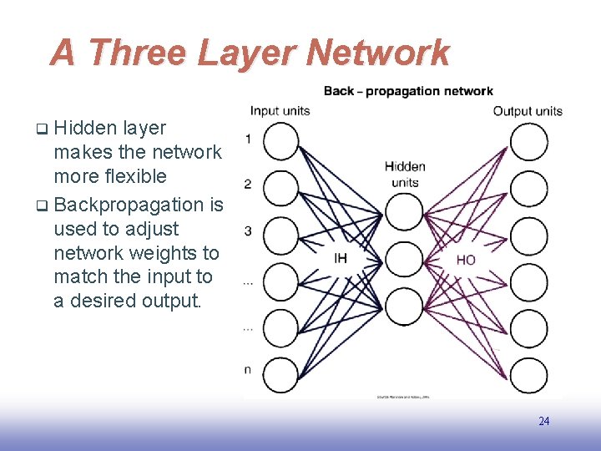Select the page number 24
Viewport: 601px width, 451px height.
tap(543, 421)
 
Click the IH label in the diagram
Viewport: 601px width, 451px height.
tap(341, 259)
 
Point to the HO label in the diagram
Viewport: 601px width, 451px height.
tap(466, 260)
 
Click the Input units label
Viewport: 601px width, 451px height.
tap(280, 111)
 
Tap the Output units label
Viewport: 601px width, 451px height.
tap(528, 111)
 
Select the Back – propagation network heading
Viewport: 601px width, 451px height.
tap(408, 91)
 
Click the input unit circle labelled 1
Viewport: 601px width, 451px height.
tap(280, 143)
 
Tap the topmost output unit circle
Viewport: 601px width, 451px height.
tap(529, 142)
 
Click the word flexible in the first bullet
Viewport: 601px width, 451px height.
tap(132, 176)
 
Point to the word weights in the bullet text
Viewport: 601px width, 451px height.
tap(186, 252)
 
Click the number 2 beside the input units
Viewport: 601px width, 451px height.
tap(247, 184)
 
